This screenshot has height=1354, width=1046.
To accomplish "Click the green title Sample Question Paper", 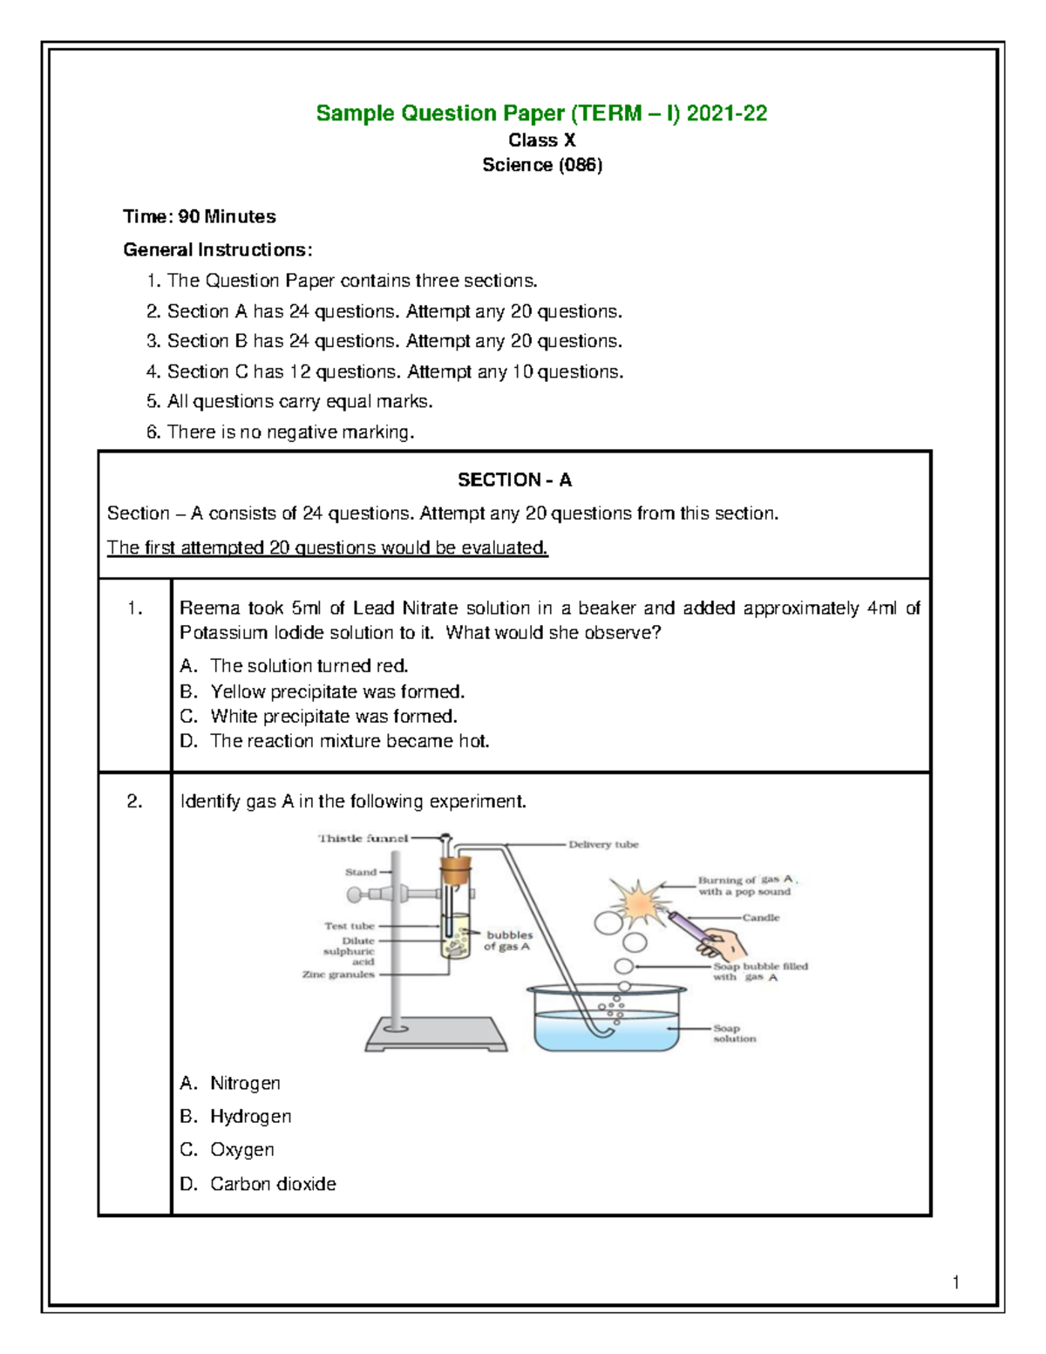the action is click(541, 113).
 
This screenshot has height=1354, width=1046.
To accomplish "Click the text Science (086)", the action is click(542, 165).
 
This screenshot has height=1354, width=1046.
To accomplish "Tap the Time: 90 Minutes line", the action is click(200, 216).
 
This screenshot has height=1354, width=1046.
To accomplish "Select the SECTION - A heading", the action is click(514, 480).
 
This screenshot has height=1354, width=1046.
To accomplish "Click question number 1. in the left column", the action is click(134, 609).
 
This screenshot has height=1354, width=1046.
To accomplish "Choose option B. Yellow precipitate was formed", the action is click(323, 691).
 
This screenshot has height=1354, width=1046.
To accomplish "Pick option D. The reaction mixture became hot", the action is click(335, 741).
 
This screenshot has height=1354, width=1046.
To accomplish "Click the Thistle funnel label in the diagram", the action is click(363, 839).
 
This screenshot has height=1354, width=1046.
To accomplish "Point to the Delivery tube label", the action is click(603, 845).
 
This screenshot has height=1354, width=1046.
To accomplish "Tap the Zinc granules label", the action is click(338, 975).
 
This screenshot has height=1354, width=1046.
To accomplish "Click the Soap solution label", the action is click(734, 1033).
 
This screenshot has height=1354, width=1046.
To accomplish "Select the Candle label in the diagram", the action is click(761, 917).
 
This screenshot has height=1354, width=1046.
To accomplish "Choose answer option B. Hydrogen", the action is click(236, 1116).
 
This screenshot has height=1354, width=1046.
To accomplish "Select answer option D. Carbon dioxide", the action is click(258, 1184).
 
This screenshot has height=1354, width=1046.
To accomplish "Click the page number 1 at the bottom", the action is click(955, 1282).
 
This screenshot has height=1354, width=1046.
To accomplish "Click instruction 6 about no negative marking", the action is click(279, 432).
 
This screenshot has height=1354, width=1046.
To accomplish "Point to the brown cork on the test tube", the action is click(454, 869).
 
